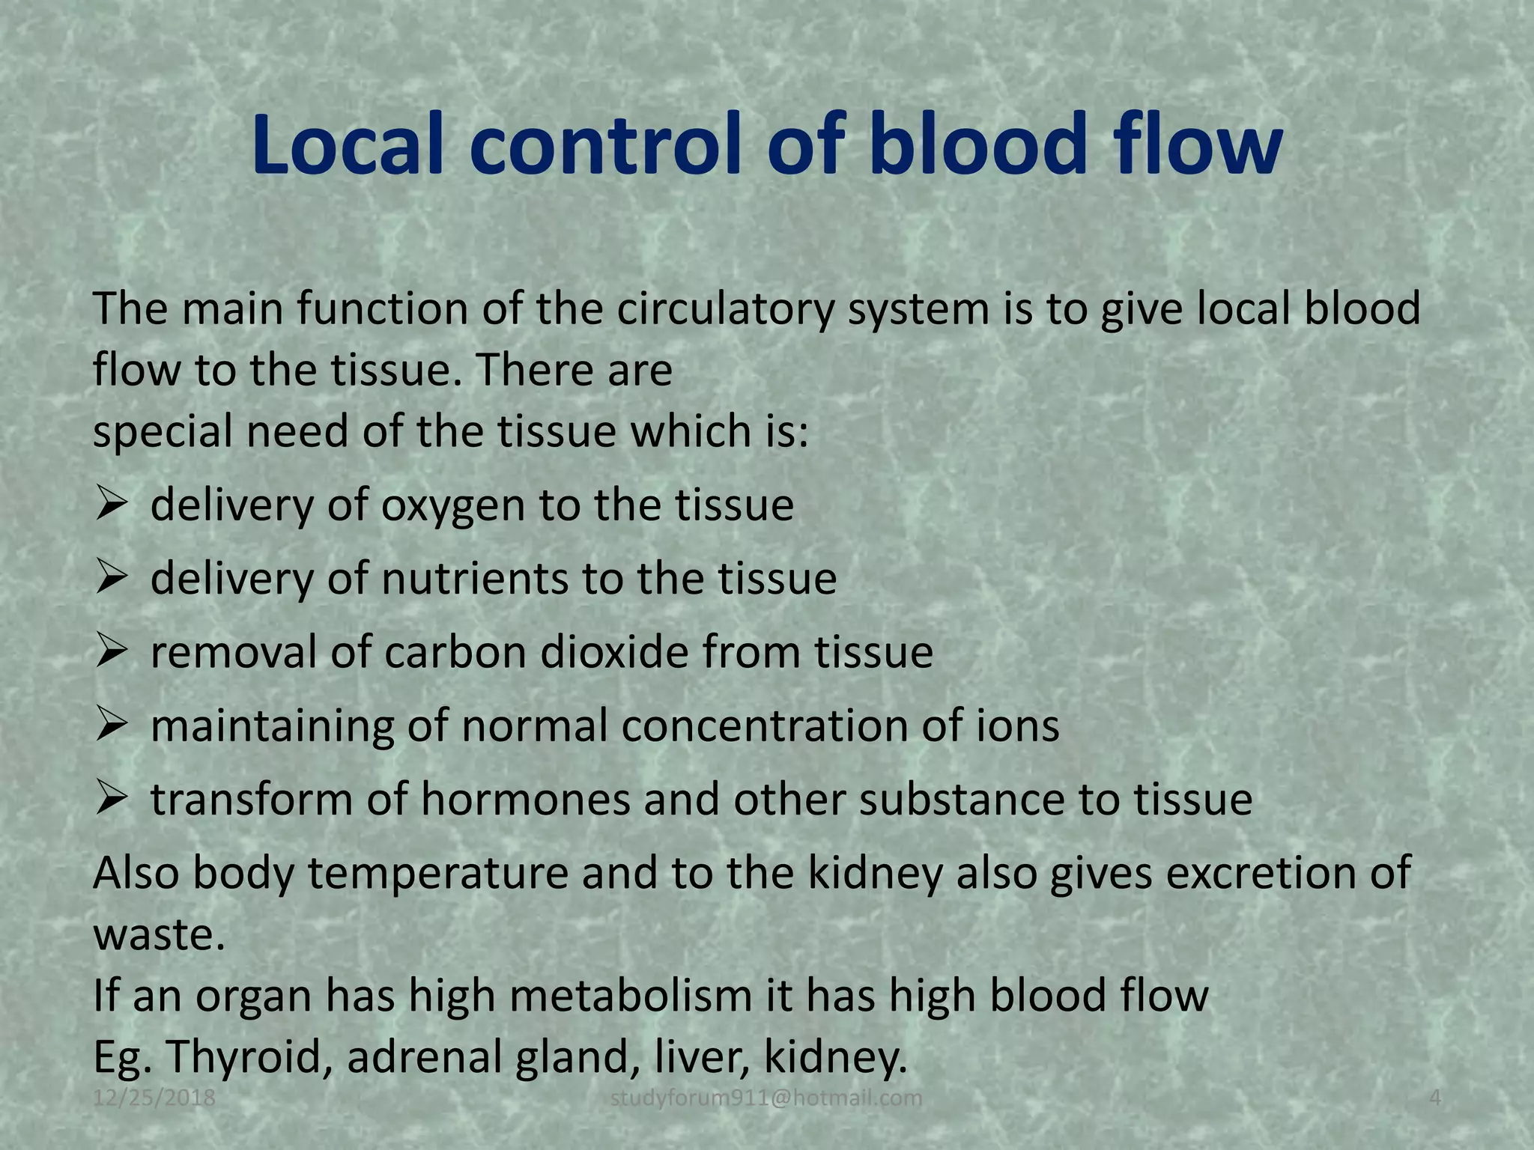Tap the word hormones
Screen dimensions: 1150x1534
[526, 799]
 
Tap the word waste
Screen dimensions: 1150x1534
[158, 935]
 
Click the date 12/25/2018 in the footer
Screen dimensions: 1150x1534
[154, 1098]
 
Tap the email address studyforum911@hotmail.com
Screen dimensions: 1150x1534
[766, 1098]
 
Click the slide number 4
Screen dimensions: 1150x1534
[1435, 1098]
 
